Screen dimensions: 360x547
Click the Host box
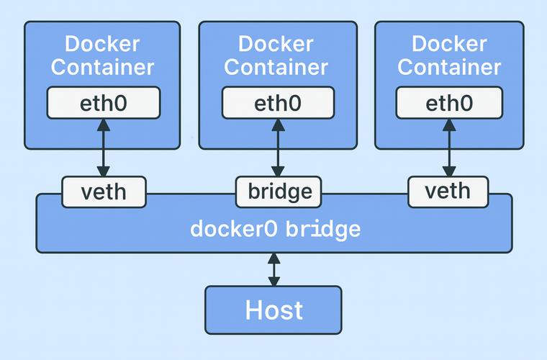point(273,310)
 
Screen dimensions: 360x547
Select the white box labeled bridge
point(279,192)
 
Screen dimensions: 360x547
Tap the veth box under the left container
point(104,192)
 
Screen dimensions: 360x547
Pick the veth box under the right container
point(448,192)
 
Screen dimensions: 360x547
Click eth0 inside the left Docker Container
point(103,103)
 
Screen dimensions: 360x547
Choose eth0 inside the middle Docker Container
point(277,103)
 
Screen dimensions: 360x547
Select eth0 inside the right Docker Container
point(449,103)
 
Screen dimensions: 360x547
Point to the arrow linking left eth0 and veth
point(104,147)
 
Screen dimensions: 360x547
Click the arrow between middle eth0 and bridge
point(277,147)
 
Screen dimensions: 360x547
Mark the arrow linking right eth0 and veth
point(449,147)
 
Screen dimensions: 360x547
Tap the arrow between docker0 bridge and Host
point(273,270)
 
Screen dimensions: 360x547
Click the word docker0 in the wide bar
point(235,230)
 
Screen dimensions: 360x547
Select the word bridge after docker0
point(322,230)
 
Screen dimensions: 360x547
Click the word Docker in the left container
point(102,45)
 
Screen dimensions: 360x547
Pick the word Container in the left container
point(102,67)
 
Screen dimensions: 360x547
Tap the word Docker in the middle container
point(276,45)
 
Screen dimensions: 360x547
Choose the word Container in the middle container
point(276,67)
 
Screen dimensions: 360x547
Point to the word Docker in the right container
point(449,45)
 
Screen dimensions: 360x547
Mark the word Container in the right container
point(449,67)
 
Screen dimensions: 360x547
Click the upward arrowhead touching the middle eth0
point(277,125)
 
